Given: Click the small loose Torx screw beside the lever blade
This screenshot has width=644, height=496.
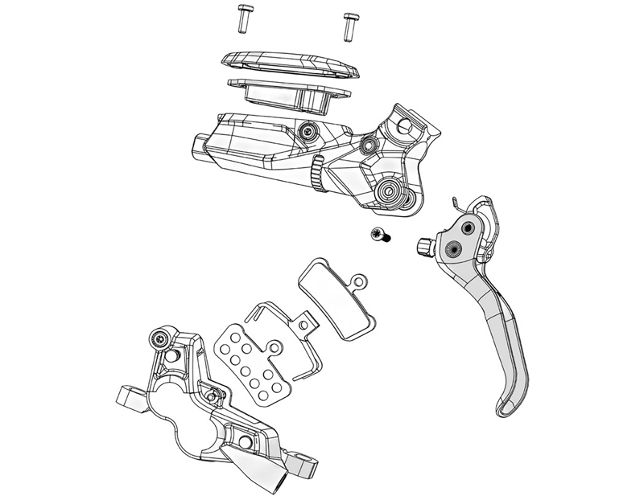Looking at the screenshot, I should (377, 235).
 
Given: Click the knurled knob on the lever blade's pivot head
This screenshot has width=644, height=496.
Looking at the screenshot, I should (424, 244).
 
